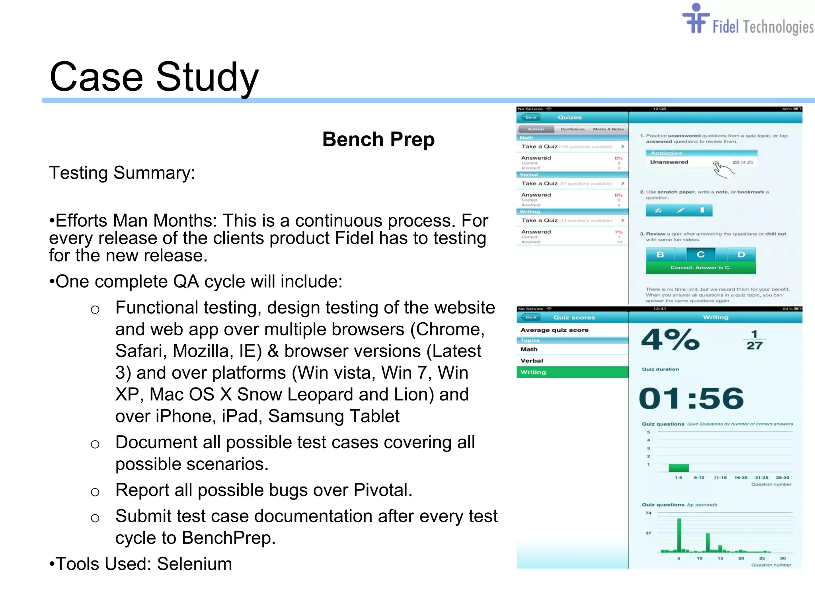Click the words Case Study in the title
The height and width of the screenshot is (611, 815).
pos(154,77)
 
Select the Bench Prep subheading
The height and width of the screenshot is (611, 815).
pos(378,139)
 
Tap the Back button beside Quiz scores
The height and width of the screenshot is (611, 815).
pos(530,317)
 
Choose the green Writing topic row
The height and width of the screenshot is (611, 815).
pos(572,372)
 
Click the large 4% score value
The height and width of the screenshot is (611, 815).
pos(670,340)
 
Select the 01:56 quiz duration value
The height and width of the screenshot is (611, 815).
pos(691,399)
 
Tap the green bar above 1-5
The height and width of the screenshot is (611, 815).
pos(679,468)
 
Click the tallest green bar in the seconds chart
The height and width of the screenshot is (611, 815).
pos(679,535)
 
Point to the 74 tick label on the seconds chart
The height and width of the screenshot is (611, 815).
pos(649,513)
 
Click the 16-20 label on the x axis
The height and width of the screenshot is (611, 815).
pos(741,478)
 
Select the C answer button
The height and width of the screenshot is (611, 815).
pos(701,255)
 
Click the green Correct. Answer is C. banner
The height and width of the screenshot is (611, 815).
pos(700,268)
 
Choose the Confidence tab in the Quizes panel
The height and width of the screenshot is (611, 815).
pos(573,129)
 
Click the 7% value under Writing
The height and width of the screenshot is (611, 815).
pos(618,232)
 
